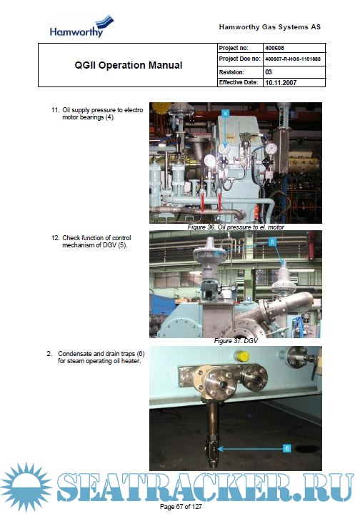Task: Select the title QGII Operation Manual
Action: click(129, 65)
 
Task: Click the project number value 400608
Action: click(274, 48)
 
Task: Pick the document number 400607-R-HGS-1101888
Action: click(293, 59)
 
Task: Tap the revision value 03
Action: click(269, 71)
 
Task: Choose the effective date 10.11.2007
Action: click(281, 83)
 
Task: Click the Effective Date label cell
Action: click(241, 82)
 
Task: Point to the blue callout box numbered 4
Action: click(225, 113)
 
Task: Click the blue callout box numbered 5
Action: click(272, 242)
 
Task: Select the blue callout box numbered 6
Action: click(286, 448)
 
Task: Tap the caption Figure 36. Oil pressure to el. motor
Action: click(236, 227)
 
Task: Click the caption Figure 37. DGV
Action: click(236, 341)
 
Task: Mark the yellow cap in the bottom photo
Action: click(242, 356)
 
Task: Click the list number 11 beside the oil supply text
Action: click(55, 110)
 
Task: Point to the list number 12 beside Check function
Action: click(55, 238)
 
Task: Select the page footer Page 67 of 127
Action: click(181, 506)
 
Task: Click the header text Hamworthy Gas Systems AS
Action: click(269, 27)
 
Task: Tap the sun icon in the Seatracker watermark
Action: click(26, 487)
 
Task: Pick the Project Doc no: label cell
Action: click(241, 59)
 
